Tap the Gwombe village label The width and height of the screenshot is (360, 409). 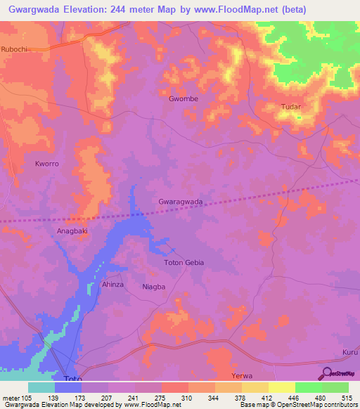tap(184, 99)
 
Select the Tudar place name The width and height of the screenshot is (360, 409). tap(291, 107)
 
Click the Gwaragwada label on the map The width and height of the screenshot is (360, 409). tap(181, 202)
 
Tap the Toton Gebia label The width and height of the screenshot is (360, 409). tap(184, 262)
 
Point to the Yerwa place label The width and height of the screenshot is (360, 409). tap(242, 376)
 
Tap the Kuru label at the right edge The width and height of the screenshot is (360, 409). tap(349, 352)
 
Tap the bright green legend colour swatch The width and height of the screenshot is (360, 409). tap(309, 387)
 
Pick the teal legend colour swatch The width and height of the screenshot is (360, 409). tap(41, 387)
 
